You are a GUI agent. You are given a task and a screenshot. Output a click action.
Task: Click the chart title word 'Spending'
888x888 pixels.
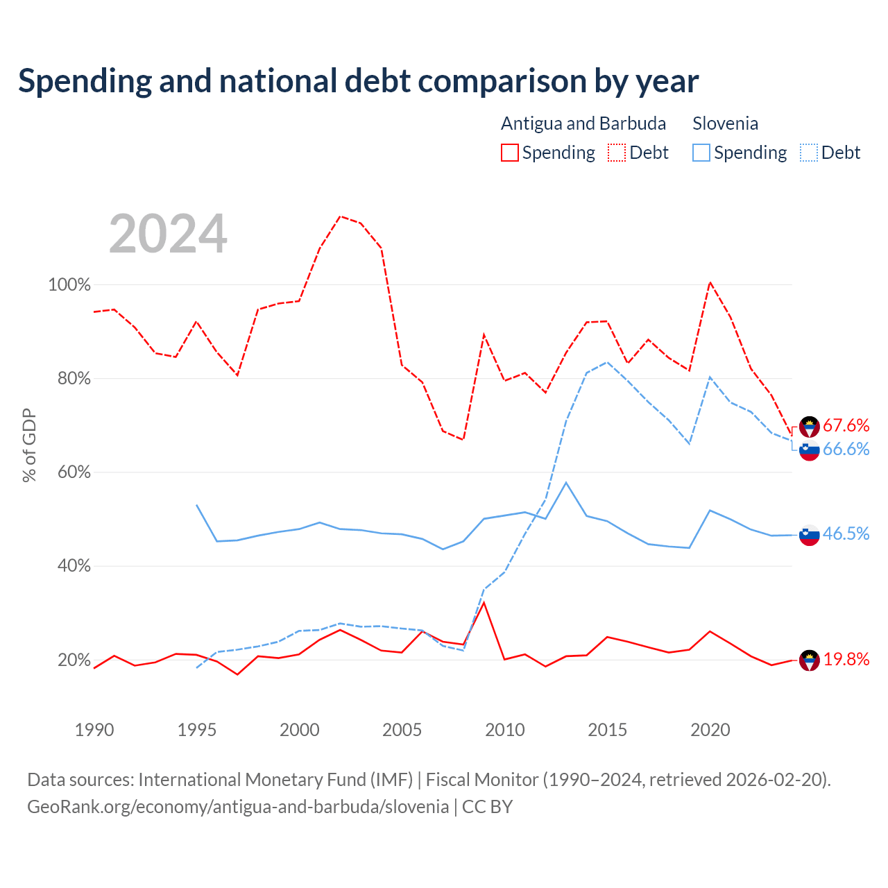(x=85, y=82)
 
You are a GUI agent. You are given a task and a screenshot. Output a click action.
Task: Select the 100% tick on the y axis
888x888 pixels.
(x=69, y=285)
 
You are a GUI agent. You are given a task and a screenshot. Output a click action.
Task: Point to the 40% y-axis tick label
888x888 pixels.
(x=74, y=566)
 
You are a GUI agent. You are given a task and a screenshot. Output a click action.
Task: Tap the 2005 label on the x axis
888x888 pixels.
(x=402, y=731)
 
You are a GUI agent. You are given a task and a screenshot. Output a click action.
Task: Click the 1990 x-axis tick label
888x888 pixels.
(x=94, y=731)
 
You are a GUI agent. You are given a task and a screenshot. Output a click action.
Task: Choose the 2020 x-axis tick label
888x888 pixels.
(x=710, y=731)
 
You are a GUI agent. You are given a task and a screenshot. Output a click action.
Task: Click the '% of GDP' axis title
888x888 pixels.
(x=29, y=445)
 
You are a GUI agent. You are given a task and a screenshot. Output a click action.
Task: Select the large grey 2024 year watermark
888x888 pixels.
(x=168, y=234)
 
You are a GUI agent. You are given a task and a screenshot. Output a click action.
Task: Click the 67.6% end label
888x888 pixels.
(x=846, y=425)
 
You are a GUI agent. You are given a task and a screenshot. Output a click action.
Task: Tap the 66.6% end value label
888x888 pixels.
(x=846, y=450)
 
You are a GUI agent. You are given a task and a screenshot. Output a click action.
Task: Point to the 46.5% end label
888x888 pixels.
(x=846, y=533)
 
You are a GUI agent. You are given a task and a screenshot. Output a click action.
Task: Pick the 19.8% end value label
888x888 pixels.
(x=846, y=660)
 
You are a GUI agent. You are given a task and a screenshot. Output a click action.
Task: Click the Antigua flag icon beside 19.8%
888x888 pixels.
(x=810, y=660)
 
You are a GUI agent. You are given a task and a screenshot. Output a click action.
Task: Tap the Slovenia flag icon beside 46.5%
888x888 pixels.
(x=810, y=535)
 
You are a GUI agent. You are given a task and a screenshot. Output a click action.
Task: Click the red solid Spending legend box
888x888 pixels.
(x=510, y=153)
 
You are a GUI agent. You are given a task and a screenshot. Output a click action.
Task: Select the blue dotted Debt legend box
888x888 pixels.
(x=809, y=153)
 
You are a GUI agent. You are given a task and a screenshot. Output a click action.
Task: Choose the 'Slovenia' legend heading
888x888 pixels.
(x=726, y=123)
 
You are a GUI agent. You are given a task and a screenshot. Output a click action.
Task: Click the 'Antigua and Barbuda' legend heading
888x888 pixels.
(x=583, y=123)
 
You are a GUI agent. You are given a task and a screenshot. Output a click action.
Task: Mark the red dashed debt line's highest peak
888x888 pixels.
(x=341, y=216)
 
